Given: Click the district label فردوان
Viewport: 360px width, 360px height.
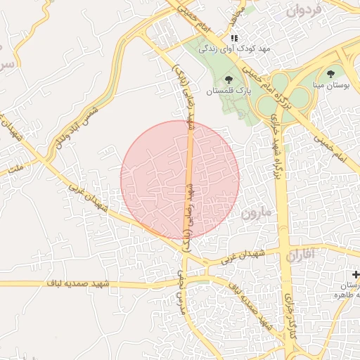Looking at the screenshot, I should [304, 11].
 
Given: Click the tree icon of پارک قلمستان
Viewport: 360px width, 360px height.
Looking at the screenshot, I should [229, 79].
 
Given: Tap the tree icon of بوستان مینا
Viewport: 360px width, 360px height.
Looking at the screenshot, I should [330, 72].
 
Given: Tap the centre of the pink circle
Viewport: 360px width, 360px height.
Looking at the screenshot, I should [180, 180].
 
